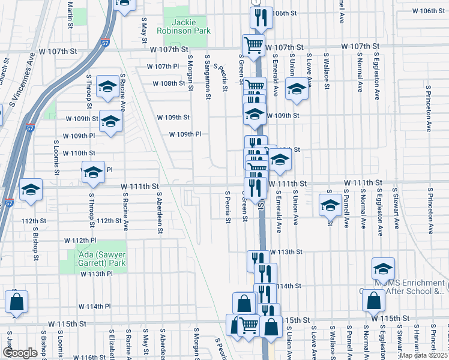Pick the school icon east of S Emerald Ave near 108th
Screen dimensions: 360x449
tap(297, 90)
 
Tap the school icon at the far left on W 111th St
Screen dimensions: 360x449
tap(31, 190)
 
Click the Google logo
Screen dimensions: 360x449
tap(19, 353)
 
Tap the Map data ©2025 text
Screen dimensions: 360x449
tap(424, 355)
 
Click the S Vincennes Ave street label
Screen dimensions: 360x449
tap(20, 79)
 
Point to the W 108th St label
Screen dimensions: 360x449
tap(169, 84)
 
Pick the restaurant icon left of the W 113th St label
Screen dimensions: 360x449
tap(256, 261)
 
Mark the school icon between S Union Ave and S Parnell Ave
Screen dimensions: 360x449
tap(330, 205)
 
